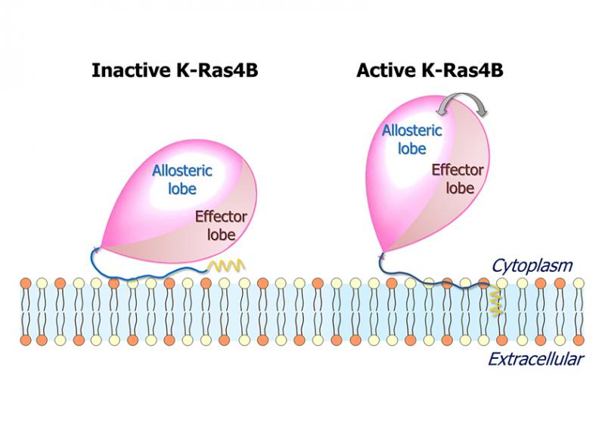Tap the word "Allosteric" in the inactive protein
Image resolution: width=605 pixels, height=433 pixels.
pos(182,171)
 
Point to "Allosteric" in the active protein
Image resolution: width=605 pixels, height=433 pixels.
pos(408,131)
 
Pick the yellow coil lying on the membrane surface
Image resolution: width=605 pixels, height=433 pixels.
pos(224,266)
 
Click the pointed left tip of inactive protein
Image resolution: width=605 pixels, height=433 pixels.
pos(95,247)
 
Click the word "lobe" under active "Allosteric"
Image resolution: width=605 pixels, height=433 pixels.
pos(412,148)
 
